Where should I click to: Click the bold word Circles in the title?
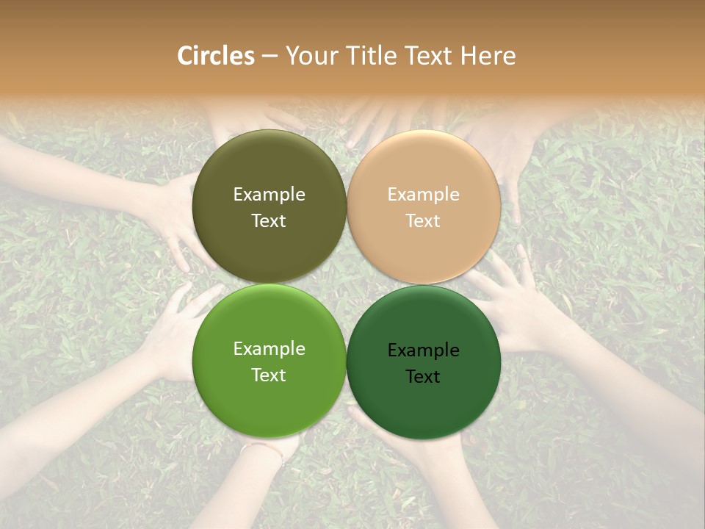click(x=216, y=56)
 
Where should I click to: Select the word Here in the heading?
click(x=488, y=56)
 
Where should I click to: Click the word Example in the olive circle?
click(x=269, y=195)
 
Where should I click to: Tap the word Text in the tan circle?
click(x=423, y=221)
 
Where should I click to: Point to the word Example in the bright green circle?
click(x=269, y=349)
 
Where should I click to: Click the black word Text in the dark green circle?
click(x=423, y=377)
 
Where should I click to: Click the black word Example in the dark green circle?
click(x=423, y=350)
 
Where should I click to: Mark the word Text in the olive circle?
click(x=269, y=221)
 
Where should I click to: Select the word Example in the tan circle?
click(x=423, y=195)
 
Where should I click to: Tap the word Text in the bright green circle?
click(x=269, y=375)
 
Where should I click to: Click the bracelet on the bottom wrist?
click(x=264, y=447)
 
